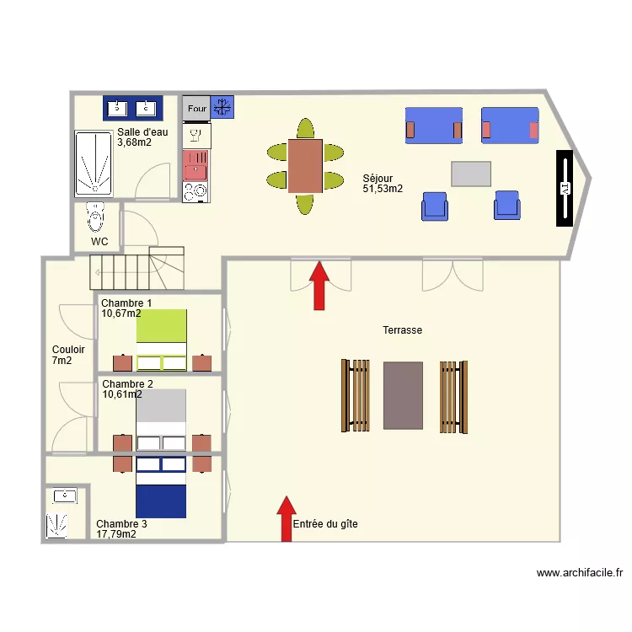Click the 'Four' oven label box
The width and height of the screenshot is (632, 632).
(196, 108)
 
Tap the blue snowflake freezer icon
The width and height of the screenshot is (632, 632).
(222, 107)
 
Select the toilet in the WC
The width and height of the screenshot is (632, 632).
(95, 217)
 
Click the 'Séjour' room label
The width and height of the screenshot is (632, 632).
(378, 178)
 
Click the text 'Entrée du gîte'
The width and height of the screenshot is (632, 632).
(325, 524)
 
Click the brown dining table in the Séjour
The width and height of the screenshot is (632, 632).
(304, 166)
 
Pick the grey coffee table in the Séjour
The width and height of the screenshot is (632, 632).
(470, 174)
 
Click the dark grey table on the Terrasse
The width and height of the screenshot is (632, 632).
(403, 395)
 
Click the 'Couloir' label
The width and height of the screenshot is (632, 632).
(67, 350)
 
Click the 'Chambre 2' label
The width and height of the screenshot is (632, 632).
(126, 384)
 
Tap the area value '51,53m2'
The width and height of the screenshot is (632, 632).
(382, 189)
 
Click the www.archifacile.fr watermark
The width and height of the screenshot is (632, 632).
(580, 573)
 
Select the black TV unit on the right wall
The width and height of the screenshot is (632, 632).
(565, 189)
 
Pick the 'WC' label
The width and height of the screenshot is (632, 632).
(99, 242)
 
